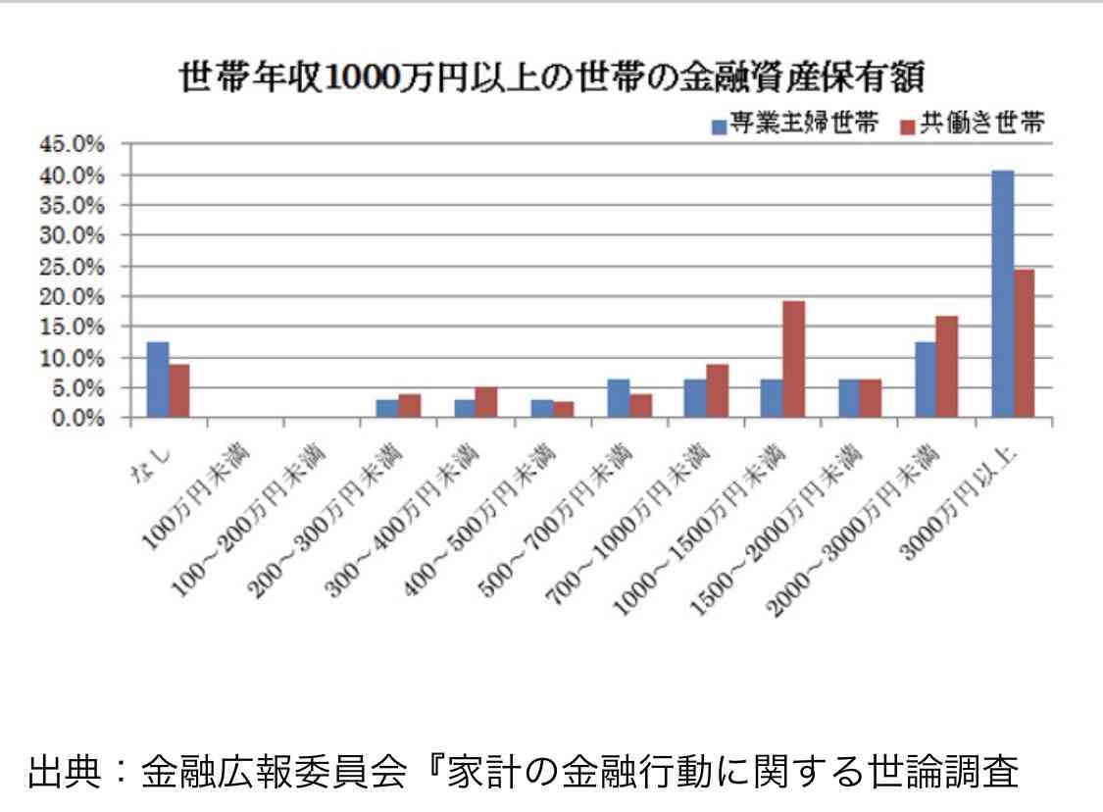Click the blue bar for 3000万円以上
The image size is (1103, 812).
click(1002, 294)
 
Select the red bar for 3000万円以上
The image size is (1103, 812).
click(1024, 343)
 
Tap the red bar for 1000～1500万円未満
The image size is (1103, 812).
click(793, 359)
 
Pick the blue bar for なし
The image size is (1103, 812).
click(158, 380)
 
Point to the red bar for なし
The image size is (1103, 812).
click(179, 390)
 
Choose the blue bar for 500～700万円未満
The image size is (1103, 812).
click(618, 398)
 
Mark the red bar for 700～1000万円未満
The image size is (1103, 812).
click(717, 390)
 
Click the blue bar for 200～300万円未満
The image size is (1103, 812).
click(387, 408)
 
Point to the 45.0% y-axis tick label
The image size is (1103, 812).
click(71, 144)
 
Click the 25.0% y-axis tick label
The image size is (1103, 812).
click(71, 266)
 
